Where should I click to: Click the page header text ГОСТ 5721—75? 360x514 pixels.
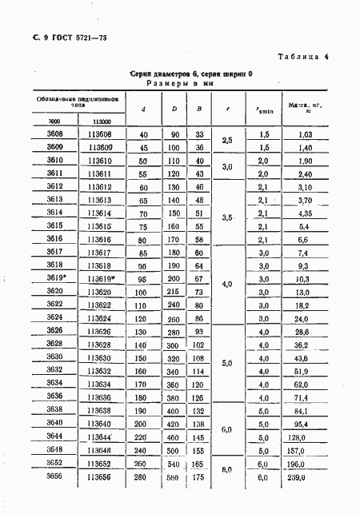point(68,38)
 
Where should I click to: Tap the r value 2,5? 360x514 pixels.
point(226,141)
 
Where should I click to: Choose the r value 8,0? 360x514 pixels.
point(226,470)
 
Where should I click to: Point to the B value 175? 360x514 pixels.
point(200,477)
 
